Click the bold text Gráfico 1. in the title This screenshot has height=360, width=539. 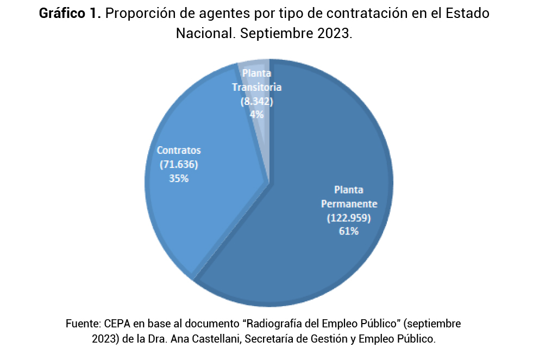pos(70,14)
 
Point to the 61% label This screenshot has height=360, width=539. pos(349,231)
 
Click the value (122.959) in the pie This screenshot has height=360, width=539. pos(349,218)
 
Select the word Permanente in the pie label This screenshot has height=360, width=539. pos(349,204)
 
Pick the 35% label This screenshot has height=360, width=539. pos(179,178)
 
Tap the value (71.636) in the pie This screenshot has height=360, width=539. pos(179,164)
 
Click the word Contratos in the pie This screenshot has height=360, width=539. pos(179,150)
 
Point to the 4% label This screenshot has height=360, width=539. pos(256,114)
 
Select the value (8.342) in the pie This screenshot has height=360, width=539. pos(256,101)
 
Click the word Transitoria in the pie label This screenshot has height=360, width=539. pos(256,87)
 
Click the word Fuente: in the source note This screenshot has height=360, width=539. pos(82,324)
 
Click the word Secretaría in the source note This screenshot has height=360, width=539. pos(262,339)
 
